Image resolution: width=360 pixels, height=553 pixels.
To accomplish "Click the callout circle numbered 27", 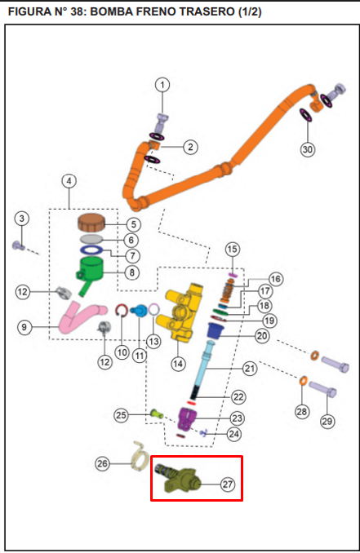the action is [228, 484].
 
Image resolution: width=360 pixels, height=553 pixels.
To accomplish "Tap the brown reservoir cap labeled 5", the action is [91, 222].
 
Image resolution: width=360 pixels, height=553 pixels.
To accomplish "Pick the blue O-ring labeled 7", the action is [91, 250].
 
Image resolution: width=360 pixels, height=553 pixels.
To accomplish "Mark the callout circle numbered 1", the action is [162, 85].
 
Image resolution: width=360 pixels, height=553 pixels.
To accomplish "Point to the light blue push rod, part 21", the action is [203, 367].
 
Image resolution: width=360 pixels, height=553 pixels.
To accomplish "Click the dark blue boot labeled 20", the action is [216, 331].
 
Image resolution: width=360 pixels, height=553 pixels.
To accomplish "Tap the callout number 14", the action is [178, 364].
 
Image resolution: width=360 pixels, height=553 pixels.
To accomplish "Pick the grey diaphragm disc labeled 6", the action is [91, 239].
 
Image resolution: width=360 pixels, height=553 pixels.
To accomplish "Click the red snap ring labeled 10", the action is [122, 310].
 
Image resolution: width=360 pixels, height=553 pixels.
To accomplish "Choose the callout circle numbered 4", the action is [69, 181].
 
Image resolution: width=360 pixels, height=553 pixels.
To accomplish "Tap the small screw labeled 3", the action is [18, 246].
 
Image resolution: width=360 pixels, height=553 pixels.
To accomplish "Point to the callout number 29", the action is [327, 421].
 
